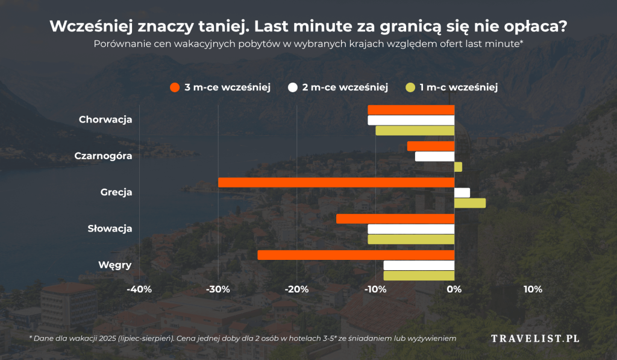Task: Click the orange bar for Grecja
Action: [336, 182]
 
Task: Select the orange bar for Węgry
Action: [355, 255]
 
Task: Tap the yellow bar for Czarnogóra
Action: [458, 166]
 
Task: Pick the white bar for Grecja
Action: [462, 192]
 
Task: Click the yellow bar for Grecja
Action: [469, 203]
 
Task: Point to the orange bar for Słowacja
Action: [395, 218]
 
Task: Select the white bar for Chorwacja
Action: [411, 120]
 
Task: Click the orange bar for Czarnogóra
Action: [431, 146]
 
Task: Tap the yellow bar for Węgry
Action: [419, 276]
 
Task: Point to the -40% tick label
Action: [139, 289]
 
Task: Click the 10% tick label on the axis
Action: [533, 289]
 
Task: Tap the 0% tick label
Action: [454, 289]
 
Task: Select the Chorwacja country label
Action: [105, 119]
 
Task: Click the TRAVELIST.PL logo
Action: [535, 338]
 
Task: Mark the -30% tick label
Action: [218, 289]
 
